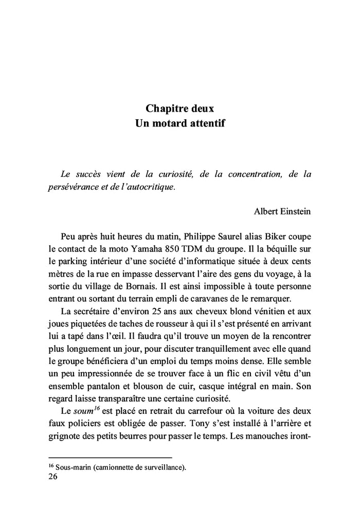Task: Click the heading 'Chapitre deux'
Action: (x=179, y=109)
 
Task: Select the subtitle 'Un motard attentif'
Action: (x=179, y=124)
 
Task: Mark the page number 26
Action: (x=52, y=477)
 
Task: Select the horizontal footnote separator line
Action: (x=110, y=457)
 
